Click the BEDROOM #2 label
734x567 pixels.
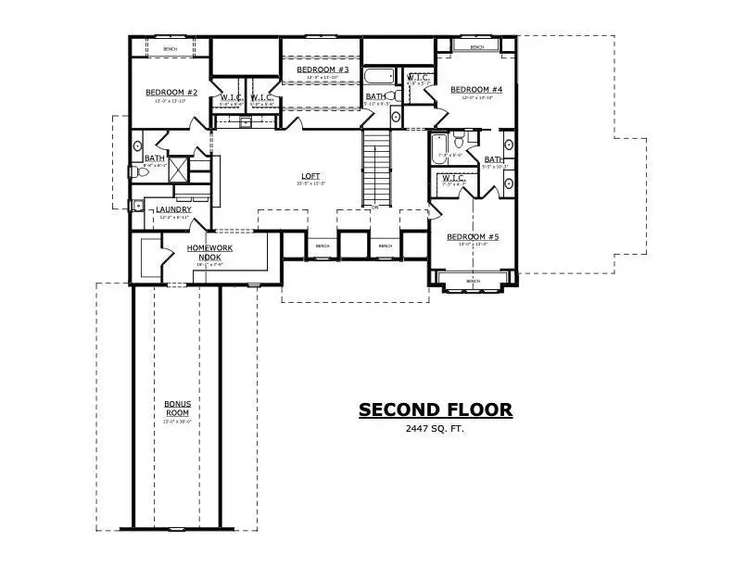coord(171,93)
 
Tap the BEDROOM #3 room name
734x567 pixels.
coord(323,70)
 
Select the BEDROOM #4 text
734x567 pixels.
coord(476,90)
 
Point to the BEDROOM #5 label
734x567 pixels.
coord(473,237)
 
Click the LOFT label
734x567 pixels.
coord(310,175)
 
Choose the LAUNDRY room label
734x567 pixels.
coord(173,210)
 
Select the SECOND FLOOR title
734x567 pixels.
coord(435,409)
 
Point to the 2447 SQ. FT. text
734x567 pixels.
coord(435,430)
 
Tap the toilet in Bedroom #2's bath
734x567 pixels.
coord(132,171)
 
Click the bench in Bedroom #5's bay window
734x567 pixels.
coord(473,281)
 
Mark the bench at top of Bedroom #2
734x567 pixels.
coord(170,48)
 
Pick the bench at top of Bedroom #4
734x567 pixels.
coord(476,47)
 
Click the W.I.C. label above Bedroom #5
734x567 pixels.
coord(453,178)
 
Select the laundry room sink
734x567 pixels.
coord(138,206)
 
